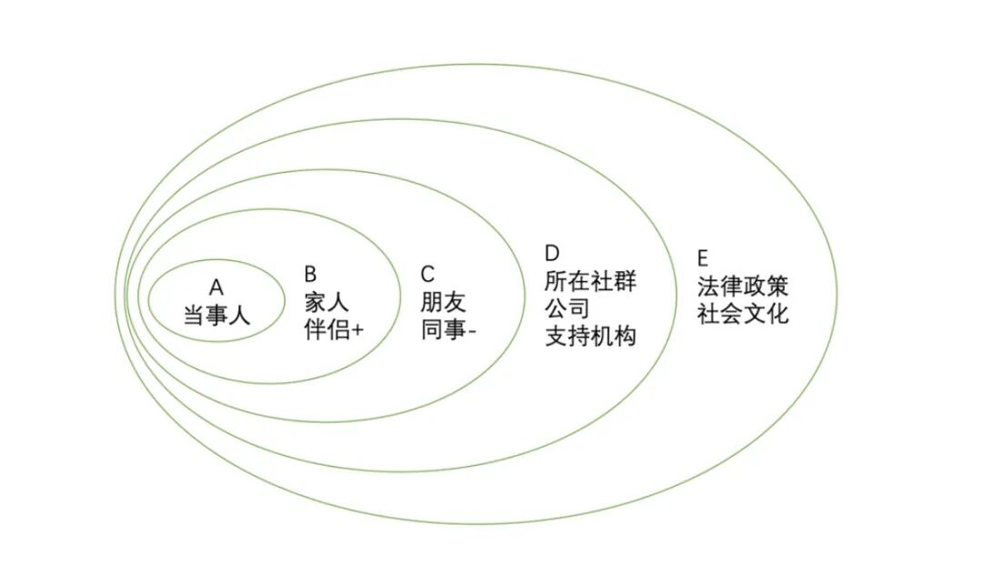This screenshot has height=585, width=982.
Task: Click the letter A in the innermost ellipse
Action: point(215,287)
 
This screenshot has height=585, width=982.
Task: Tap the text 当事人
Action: point(216,317)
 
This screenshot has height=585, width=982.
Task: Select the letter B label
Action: point(310,274)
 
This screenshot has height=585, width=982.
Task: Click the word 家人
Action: point(326,301)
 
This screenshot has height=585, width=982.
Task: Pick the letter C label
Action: point(428,274)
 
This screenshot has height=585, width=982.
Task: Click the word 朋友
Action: point(443,302)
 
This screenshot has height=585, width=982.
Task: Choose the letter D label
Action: point(551,252)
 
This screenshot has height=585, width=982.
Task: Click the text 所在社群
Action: point(590,280)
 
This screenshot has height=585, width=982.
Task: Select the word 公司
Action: point(567,308)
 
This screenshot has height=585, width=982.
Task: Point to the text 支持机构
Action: point(590,336)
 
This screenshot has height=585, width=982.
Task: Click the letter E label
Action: point(703,257)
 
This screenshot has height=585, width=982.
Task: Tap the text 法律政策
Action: point(743,287)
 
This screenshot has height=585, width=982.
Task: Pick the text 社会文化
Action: point(743,315)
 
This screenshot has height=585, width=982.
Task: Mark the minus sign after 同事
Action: point(473,331)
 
